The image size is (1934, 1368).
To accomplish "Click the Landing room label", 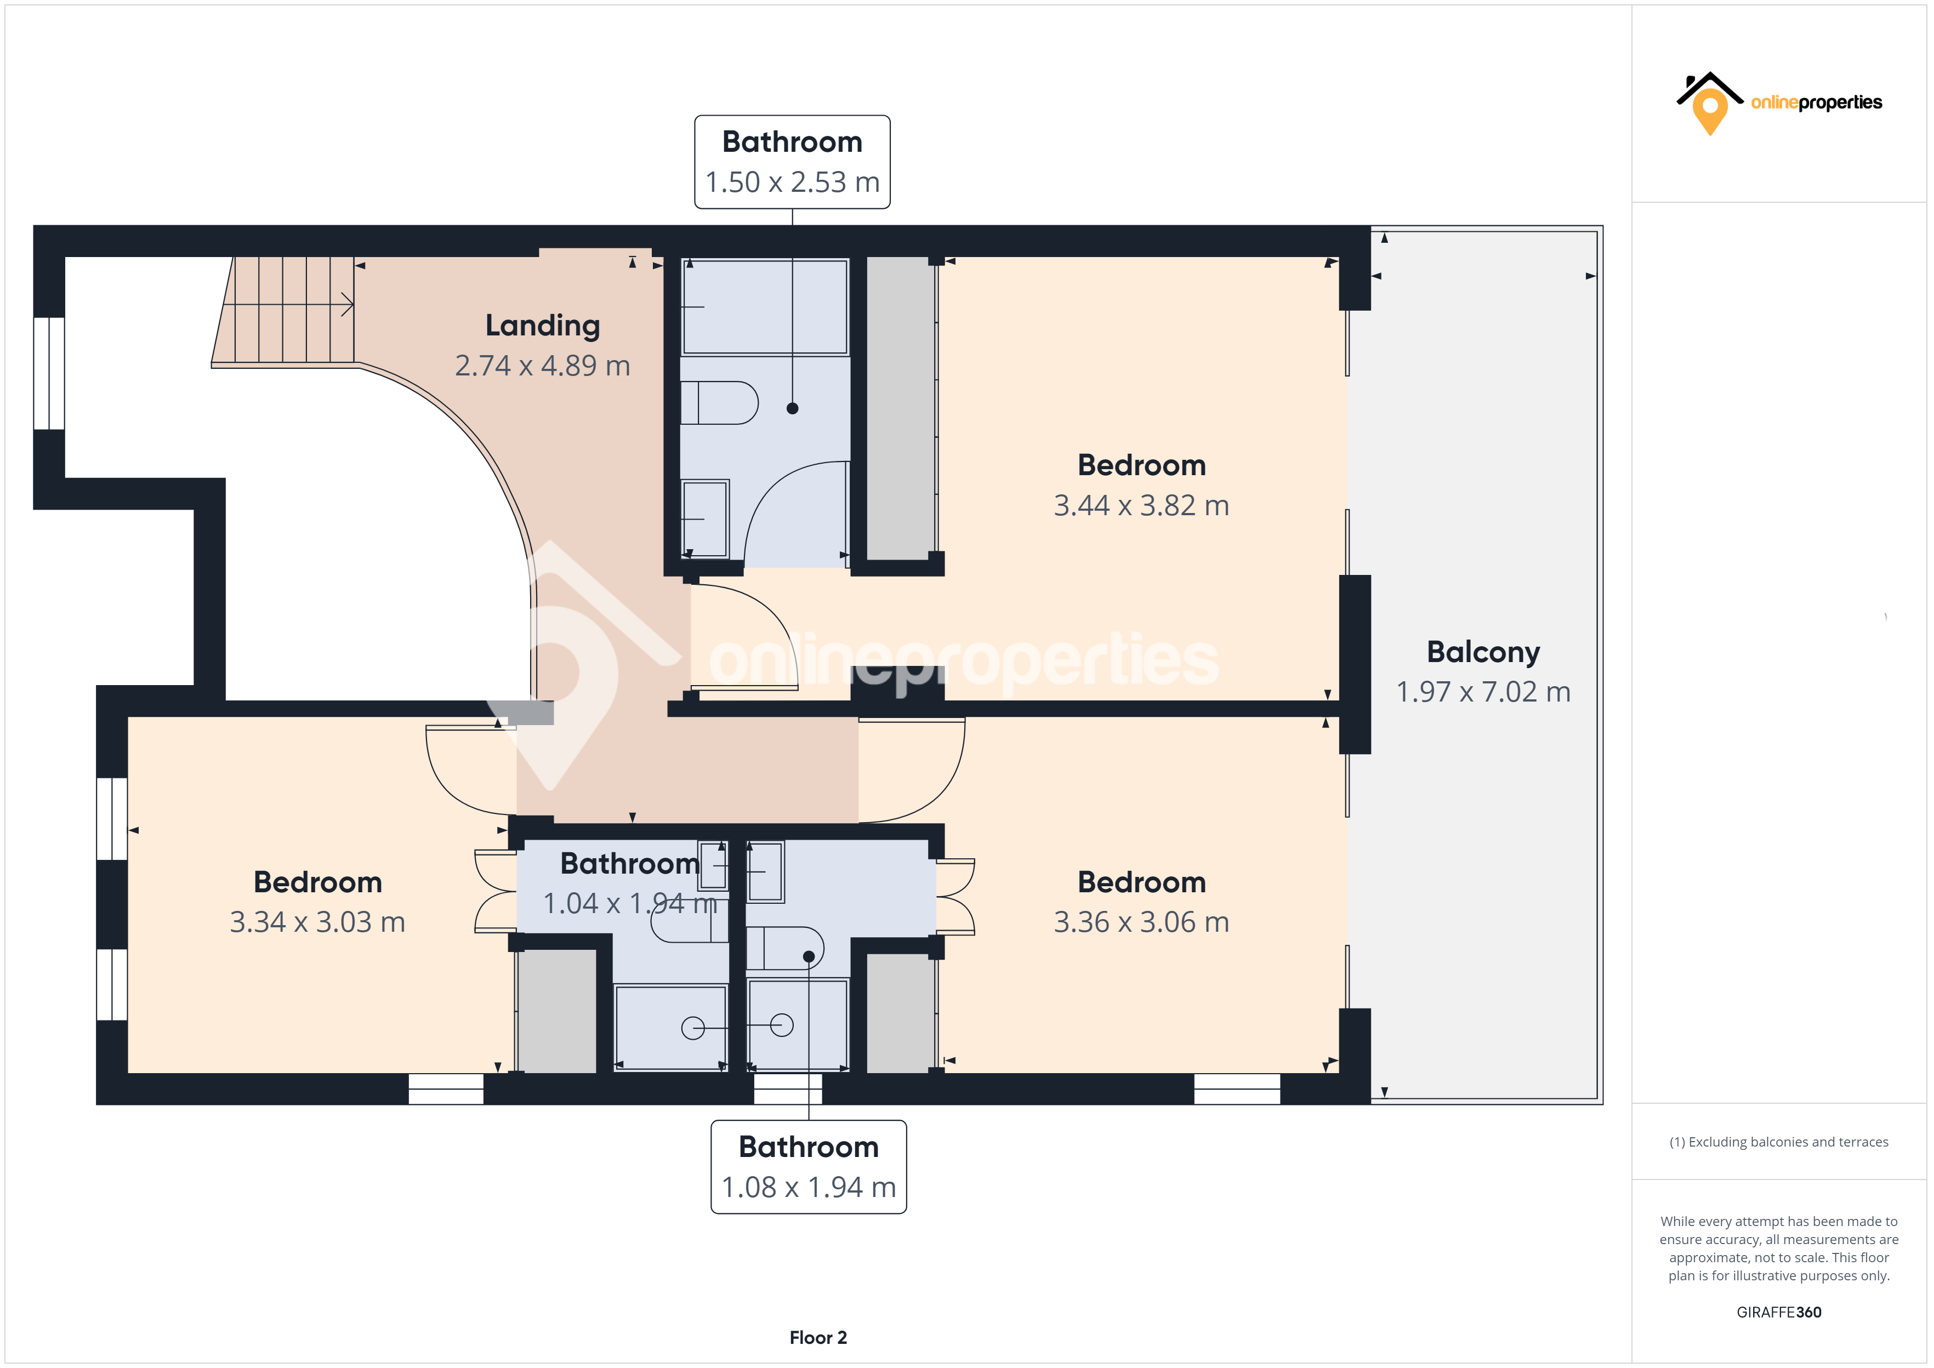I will click(x=543, y=325).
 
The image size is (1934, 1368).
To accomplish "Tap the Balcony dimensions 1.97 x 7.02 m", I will click(x=1482, y=692).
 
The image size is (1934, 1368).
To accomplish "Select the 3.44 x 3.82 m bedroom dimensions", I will click(x=1141, y=505).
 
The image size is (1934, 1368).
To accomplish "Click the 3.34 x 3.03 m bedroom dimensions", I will click(x=317, y=921).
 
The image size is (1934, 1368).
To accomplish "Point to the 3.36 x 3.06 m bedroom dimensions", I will click(x=1141, y=921).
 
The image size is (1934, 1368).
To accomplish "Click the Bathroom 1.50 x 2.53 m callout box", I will click(x=792, y=162).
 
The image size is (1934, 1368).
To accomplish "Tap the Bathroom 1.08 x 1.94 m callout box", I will click(x=809, y=1167).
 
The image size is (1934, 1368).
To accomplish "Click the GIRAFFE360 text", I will click(x=1778, y=1312).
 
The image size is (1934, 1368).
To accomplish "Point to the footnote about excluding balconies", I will click(x=1778, y=1142).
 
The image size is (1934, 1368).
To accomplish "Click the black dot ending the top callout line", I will click(x=792, y=408).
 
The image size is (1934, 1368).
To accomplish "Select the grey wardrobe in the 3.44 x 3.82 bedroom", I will click(x=900, y=408).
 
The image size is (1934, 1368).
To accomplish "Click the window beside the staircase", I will click(x=49, y=373).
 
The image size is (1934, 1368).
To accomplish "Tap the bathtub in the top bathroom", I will click(x=764, y=306).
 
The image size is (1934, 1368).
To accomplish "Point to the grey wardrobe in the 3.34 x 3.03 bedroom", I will click(x=557, y=1011).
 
